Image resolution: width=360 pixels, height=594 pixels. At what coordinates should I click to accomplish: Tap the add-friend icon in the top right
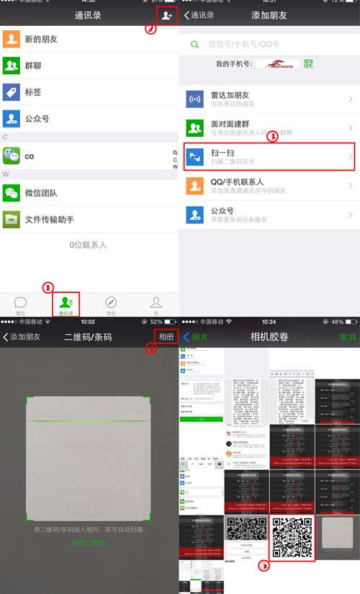pyautogui.click(x=166, y=14)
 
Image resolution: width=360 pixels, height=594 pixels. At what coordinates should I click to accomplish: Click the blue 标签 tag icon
pyautogui.click(x=11, y=92)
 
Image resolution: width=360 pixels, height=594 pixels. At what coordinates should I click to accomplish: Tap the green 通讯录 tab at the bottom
pyautogui.click(x=66, y=304)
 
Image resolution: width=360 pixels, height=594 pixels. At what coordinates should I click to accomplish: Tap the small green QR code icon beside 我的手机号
pyautogui.click(x=309, y=64)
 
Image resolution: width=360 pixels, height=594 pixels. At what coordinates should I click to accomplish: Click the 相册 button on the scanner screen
pyautogui.click(x=166, y=337)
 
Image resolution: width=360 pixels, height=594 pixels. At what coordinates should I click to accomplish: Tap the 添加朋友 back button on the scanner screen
pyautogui.click(x=22, y=337)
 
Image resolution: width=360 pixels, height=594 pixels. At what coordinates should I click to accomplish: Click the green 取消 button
pyautogui.click(x=347, y=337)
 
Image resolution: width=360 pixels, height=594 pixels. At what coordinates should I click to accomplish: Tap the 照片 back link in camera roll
pyautogui.click(x=194, y=337)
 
